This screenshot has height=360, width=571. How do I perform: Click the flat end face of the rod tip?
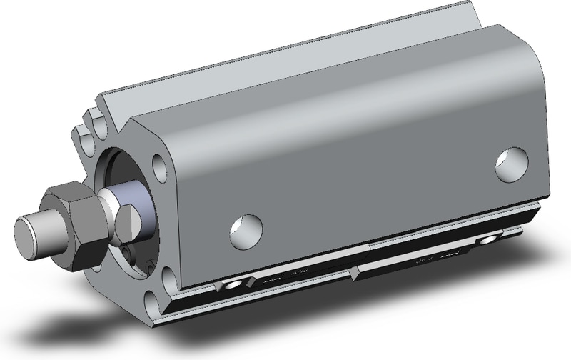click(x=27, y=234)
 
